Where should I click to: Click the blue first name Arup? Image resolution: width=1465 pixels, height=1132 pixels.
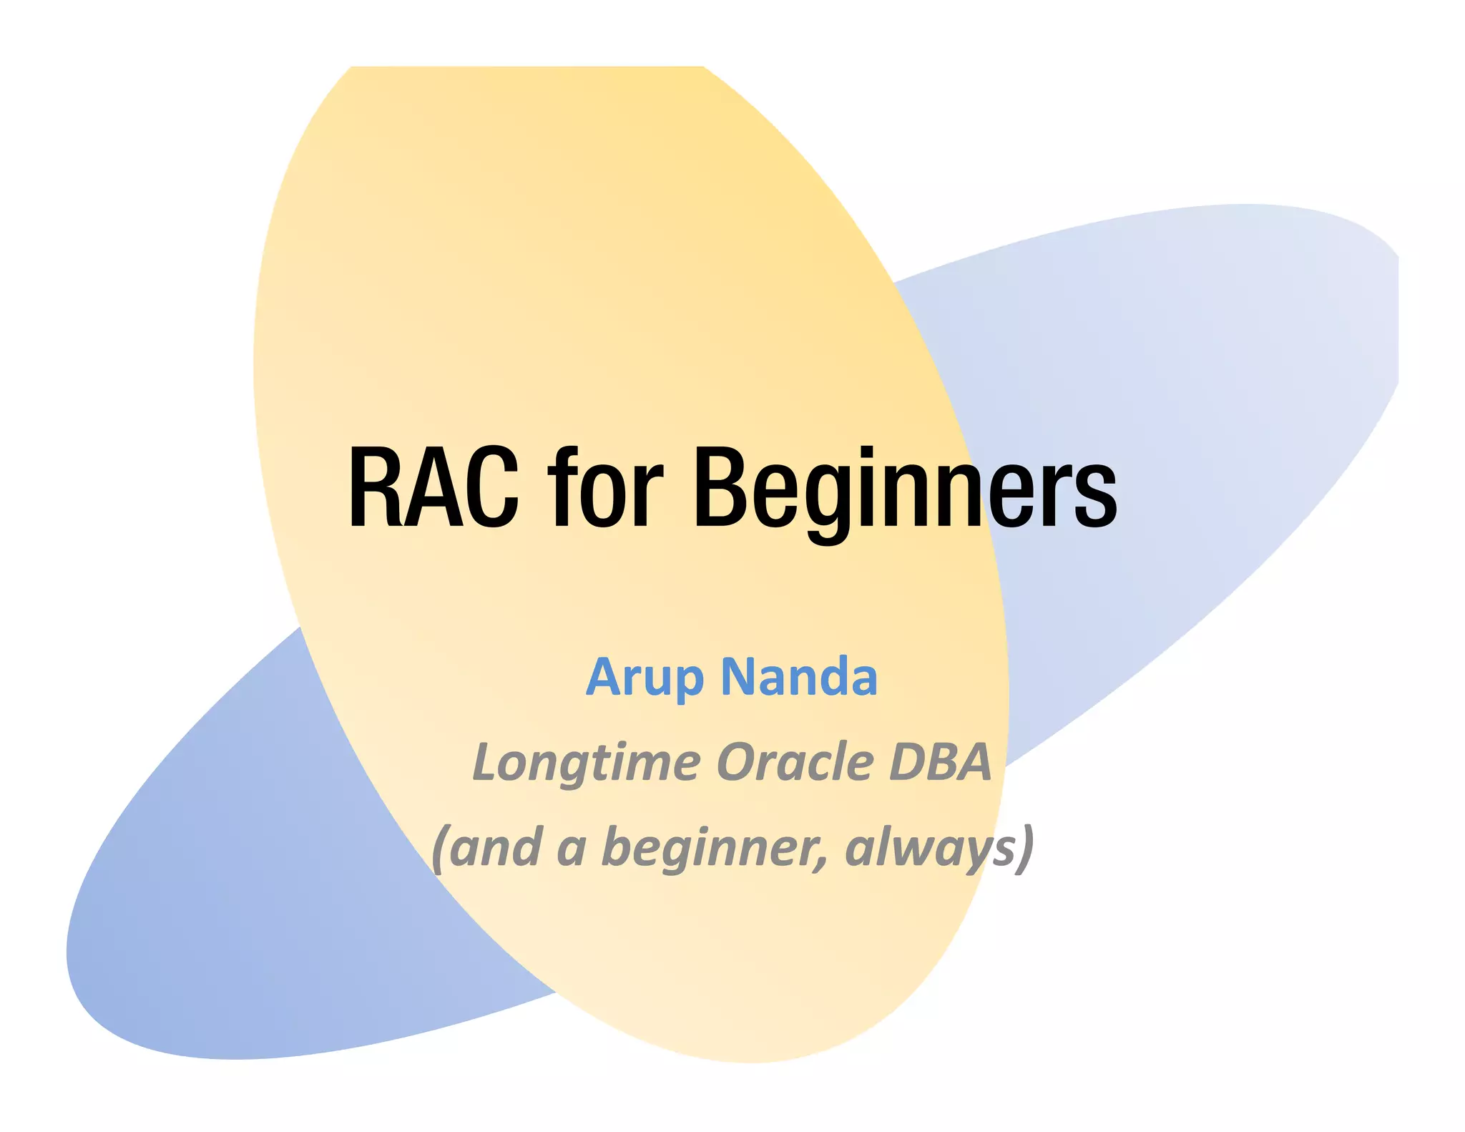pyautogui.click(x=645, y=677)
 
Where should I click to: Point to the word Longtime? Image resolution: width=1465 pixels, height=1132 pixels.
pyautogui.click(x=586, y=763)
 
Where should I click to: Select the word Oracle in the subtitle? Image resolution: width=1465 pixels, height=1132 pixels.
pyautogui.click(x=795, y=761)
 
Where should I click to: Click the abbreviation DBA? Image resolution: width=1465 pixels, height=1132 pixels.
pyautogui.click(x=940, y=761)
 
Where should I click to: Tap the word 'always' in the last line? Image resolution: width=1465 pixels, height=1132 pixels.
pyautogui.click(x=930, y=849)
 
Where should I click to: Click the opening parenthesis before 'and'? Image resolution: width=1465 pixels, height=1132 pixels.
pyautogui.click(x=440, y=849)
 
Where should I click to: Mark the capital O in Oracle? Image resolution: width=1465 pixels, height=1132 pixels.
pyautogui.click(x=737, y=761)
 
